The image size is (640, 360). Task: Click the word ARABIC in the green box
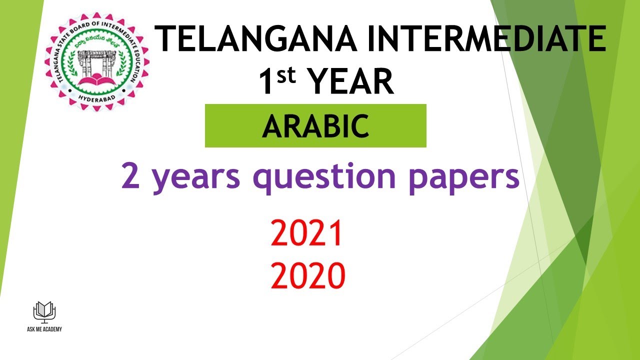pyautogui.click(x=315, y=126)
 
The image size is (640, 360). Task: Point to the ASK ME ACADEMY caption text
pyautogui.click(x=44, y=329)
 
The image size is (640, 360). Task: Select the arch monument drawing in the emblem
pyautogui.click(x=97, y=62)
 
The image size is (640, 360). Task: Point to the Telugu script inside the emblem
pyautogui.click(x=97, y=41)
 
